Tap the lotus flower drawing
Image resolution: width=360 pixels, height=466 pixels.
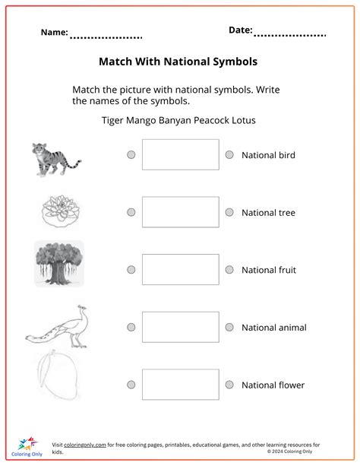(x=58, y=211)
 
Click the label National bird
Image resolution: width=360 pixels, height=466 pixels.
(x=268, y=155)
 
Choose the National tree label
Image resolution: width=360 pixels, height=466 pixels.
(x=268, y=213)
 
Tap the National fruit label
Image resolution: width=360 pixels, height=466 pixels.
(x=269, y=270)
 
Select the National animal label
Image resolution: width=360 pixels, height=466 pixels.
(x=274, y=328)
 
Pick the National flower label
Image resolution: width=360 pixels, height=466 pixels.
(x=273, y=385)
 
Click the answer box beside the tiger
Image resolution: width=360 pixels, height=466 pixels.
(x=180, y=154)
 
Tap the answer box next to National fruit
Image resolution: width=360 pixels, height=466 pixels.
(x=180, y=270)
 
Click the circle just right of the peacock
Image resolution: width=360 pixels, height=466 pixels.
(x=131, y=327)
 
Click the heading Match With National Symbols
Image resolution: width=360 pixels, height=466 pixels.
(x=178, y=61)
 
